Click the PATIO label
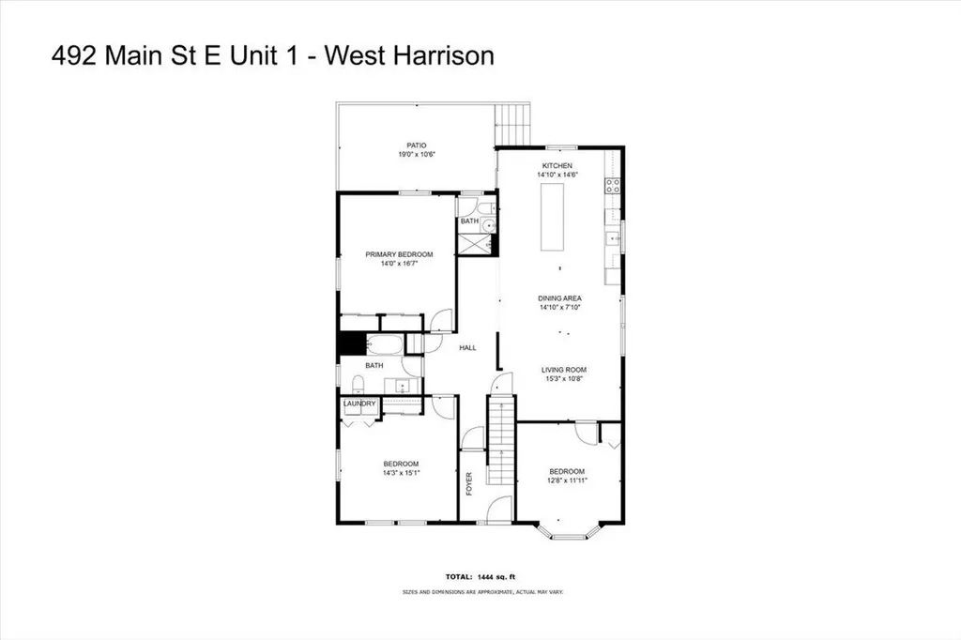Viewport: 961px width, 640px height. pyautogui.click(x=418, y=145)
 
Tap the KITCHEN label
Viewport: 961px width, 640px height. pyautogui.click(x=557, y=165)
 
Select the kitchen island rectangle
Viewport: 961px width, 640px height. pyautogui.click(x=552, y=217)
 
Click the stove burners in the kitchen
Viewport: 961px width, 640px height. pyautogui.click(x=614, y=185)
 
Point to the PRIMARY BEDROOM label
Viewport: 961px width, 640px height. pyautogui.click(x=399, y=254)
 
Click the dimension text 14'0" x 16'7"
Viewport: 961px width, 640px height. pyautogui.click(x=399, y=264)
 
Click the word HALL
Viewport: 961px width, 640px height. pyautogui.click(x=467, y=347)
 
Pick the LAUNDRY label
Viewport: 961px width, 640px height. pyautogui.click(x=359, y=404)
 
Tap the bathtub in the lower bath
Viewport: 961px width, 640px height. pyautogui.click(x=382, y=344)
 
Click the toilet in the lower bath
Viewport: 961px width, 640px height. pyautogui.click(x=358, y=384)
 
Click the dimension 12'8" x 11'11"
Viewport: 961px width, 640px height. pyautogui.click(x=567, y=480)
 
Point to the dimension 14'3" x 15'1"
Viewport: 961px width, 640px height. pyautogui.click(x=401, y=474)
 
